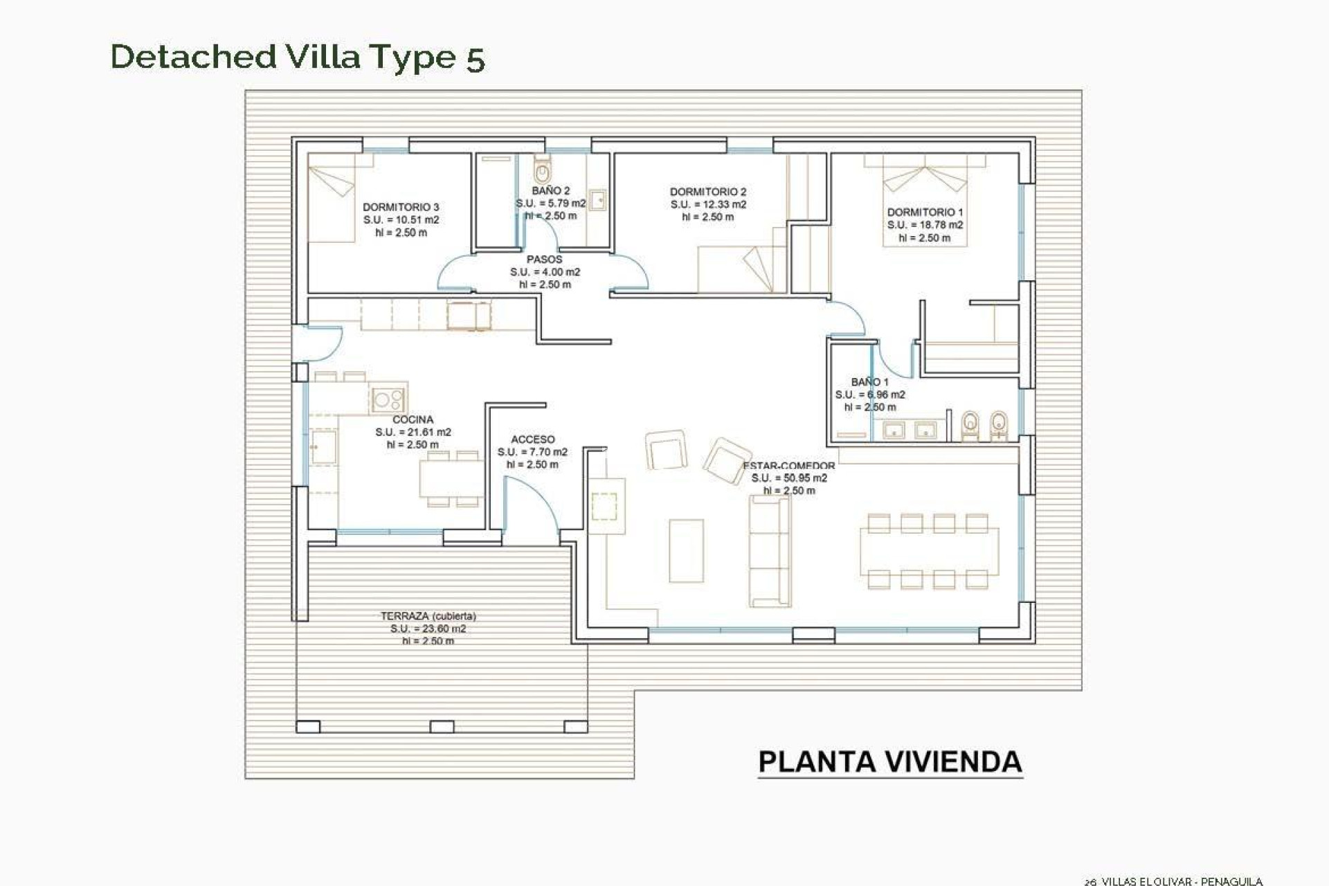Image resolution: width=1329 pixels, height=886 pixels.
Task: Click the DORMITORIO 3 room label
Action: pos(401,207)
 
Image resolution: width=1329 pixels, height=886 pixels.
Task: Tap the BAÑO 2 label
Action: pos(551,190)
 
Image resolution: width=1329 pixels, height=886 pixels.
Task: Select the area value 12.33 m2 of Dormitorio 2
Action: pos(708,204)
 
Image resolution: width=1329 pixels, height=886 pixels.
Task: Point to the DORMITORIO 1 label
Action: pos(925,213)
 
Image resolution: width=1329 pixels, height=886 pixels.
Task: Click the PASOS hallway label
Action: pos(545,260)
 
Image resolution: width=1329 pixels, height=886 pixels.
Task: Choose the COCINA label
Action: pos(413,419)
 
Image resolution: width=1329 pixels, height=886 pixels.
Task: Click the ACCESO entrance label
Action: pos(532,440)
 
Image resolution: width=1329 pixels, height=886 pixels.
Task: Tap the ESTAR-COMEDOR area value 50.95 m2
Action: pos(789,478)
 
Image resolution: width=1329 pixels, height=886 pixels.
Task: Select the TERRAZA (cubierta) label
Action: pos(428,616)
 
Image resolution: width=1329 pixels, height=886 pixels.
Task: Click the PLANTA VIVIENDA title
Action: pos(890,762)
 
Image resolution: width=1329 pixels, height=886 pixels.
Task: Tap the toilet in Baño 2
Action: pos(542,168)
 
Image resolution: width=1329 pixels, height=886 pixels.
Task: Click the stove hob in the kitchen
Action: pos(388,399)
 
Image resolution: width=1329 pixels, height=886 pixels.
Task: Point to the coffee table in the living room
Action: pos(686,550)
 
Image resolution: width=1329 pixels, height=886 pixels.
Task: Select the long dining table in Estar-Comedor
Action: pos(929,552)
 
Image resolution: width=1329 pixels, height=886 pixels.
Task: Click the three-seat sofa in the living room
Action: pos(770,552)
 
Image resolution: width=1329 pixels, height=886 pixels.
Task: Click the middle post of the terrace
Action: pos(442,727)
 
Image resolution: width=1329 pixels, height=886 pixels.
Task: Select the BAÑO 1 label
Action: pos(869,382)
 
